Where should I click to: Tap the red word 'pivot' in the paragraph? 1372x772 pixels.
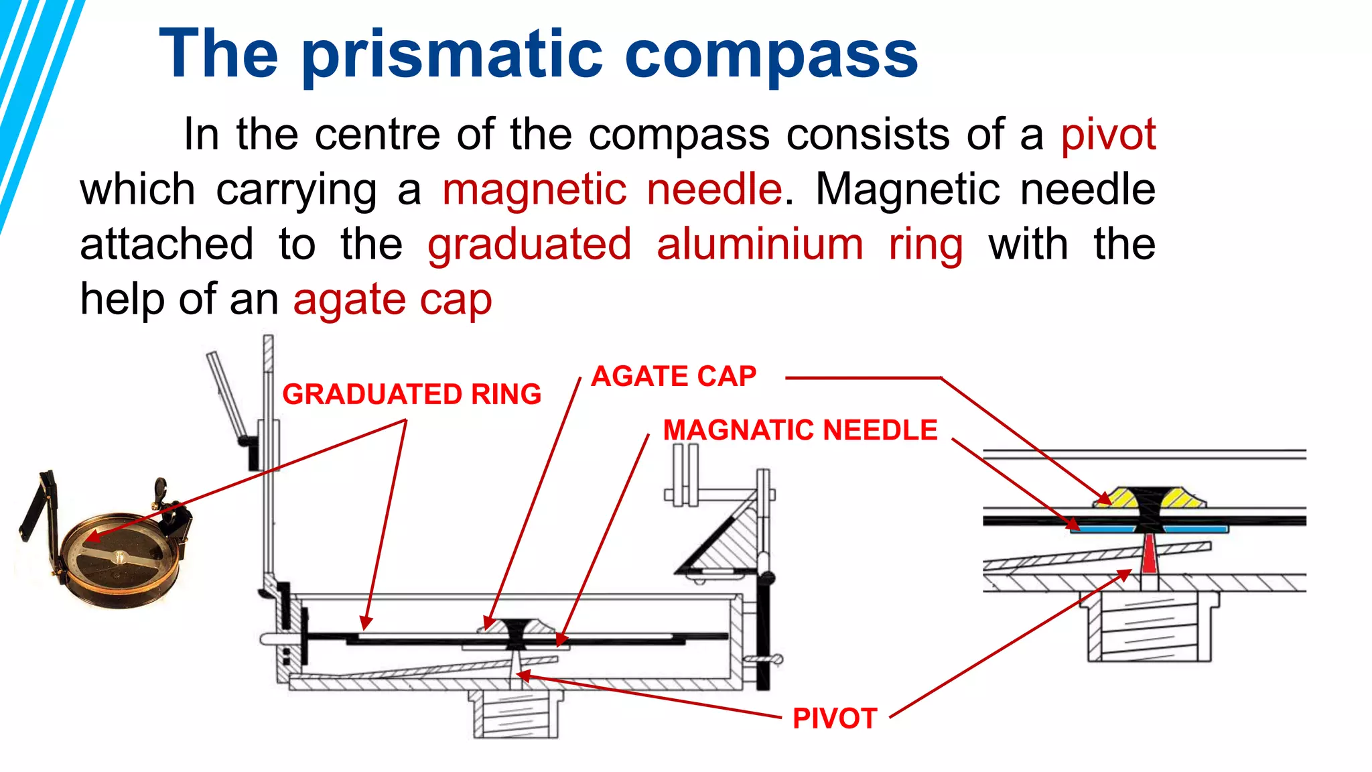pos(1108,135)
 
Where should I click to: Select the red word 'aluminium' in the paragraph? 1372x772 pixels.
pos(760,244)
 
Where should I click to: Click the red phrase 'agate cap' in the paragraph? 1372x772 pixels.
pos(393,300)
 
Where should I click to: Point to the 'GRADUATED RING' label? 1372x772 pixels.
pos(411,394)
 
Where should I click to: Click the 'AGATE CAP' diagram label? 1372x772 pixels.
pos(673,376)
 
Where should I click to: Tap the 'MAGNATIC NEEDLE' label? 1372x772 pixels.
pos(800,430)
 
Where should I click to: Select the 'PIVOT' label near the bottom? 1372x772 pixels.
pos(834,718)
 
